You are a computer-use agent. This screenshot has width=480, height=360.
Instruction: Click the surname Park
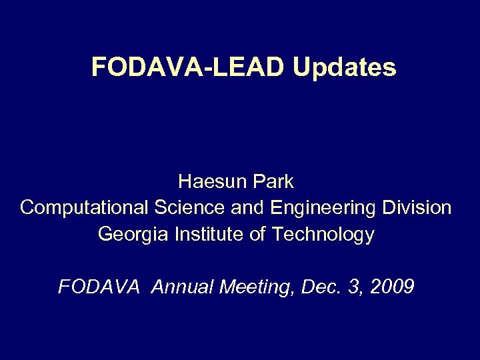tap(273, 181)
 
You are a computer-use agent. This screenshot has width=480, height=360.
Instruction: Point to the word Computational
tap(84, 208)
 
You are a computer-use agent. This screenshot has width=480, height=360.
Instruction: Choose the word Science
tap(190, 208)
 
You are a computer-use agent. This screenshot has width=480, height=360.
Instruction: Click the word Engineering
tap(324, 208)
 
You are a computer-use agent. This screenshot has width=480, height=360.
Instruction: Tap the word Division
tap(417, 208)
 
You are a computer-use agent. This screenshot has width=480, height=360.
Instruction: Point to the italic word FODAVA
tap(99, 287)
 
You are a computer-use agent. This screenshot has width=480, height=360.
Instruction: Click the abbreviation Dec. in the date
tap(319, 287)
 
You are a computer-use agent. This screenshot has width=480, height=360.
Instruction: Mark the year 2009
tap(389, 287)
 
